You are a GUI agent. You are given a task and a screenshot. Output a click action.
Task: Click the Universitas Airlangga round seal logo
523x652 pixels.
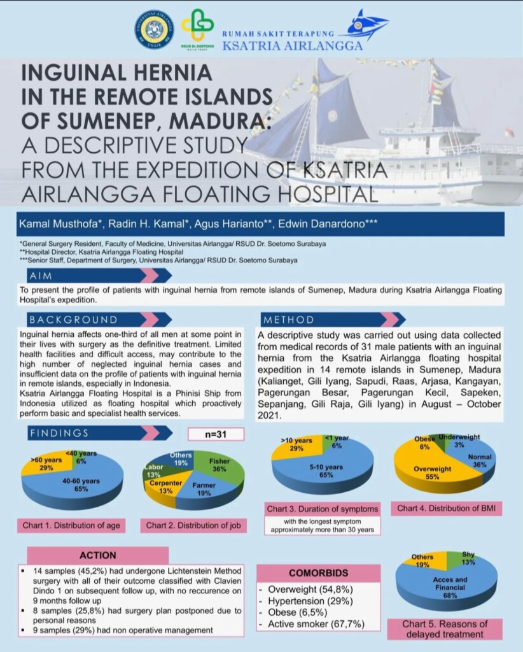pos(154,29)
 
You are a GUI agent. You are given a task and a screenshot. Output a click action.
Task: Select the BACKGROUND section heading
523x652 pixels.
pos(73,320)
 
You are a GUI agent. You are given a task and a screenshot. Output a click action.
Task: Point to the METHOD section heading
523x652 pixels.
pos(289,320)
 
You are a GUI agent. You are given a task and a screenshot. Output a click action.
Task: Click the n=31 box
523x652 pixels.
pos(216,434)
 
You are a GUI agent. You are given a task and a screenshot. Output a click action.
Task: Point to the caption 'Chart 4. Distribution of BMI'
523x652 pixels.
pos(449,508)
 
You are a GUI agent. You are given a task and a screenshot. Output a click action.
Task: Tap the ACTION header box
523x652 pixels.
pos(98,555)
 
